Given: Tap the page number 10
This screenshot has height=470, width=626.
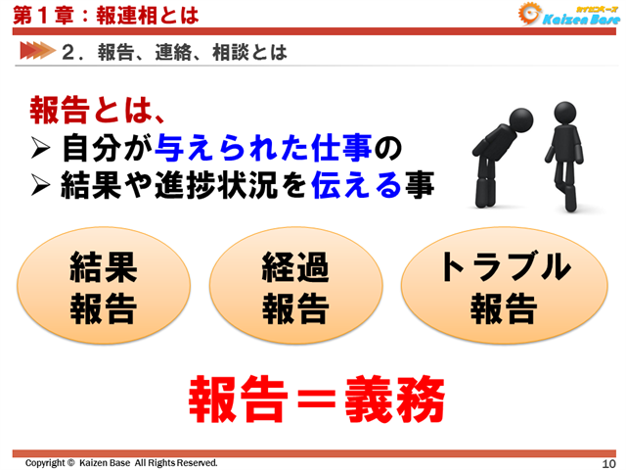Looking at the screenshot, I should click(x=607, y=462).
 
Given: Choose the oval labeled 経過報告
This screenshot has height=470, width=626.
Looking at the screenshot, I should click(x=294, y=288).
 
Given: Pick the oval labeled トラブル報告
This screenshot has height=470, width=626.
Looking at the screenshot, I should click(x=503, y=288).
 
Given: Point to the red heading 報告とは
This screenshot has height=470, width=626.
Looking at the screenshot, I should click(x=94, y=110).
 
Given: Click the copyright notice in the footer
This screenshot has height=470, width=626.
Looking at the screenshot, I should click(x=121, y=462).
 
